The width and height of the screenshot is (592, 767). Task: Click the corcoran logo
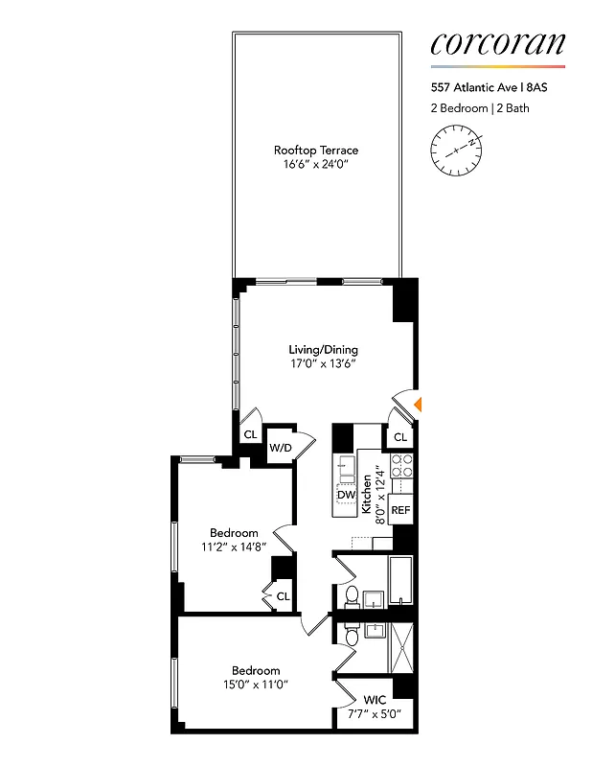tap(497, 43)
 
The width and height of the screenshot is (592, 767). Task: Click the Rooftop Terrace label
tap(316, 151)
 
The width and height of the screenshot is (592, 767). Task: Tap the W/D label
tap(280, 448)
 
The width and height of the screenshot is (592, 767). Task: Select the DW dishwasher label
tap(346, 495)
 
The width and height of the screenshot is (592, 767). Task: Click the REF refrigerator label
tap(400, 510)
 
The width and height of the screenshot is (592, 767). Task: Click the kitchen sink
tap(346, 469)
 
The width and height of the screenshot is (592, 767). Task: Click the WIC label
tap(375, 701)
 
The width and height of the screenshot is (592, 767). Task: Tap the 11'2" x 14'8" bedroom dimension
tap(234, 547)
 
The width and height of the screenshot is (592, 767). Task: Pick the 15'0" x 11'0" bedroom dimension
tap(256, 685)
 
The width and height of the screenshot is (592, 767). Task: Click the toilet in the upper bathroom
tap(351, 596)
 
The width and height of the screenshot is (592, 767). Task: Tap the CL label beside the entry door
tap(400, 437)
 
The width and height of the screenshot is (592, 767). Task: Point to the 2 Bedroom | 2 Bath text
tap(480, 108)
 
